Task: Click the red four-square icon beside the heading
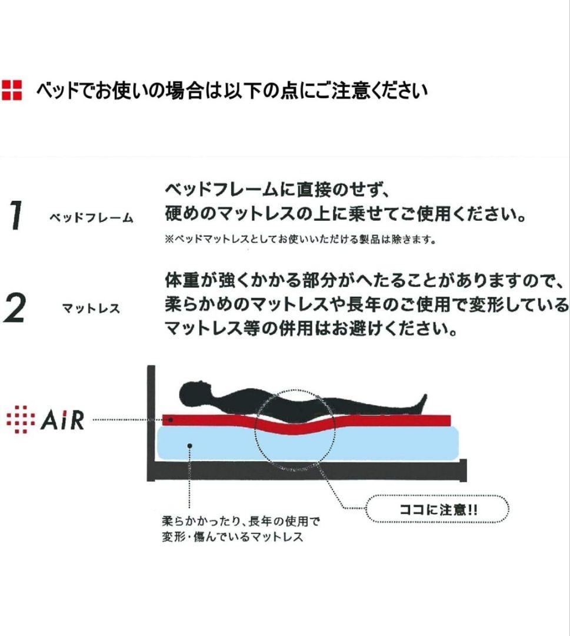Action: tap(11, 90)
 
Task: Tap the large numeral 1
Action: tap(15, 216)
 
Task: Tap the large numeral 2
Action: tap(14, 308)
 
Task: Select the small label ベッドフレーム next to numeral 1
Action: tap(91, 218)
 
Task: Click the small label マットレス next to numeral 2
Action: tap(91, 309)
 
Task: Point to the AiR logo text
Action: tap(62, 420)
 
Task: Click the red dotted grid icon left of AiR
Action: tap(18, 419)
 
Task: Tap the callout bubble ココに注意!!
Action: tap(438, 509)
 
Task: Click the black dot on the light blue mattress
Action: tap(189, 446)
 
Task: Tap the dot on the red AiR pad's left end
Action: tap(171, 419)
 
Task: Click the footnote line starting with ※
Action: tap(300, 239)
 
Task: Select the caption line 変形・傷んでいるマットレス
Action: tap(232, 536)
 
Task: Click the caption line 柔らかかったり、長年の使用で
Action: tap(241, 521)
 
